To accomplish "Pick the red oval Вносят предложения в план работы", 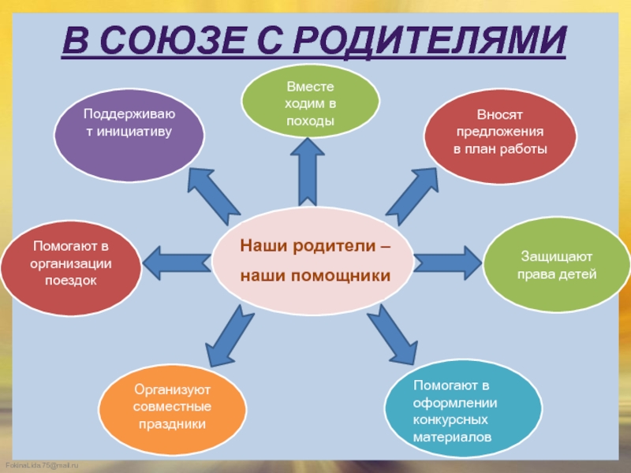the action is click(500, 132).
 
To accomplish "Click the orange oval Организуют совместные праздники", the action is click(172, 407).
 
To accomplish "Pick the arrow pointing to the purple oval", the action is click(214, 194).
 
